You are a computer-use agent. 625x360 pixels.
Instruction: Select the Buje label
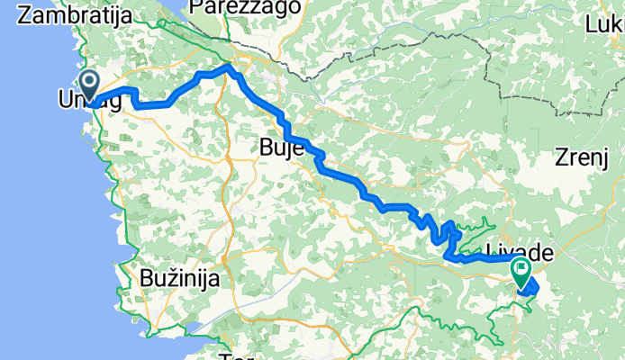click(x=280, y=147)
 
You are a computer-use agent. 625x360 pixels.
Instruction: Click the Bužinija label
click(x=180, y=280)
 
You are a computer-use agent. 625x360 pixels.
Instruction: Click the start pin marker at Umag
click(x=90, y=86)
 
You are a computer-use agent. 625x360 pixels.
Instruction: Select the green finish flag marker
click(x=521, y=270)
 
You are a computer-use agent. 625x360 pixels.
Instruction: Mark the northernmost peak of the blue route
click(x=229, y=66)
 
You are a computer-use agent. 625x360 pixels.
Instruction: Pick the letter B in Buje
click(x=265, y=147)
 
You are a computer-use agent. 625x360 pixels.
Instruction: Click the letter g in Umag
click(x=113, y=103)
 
